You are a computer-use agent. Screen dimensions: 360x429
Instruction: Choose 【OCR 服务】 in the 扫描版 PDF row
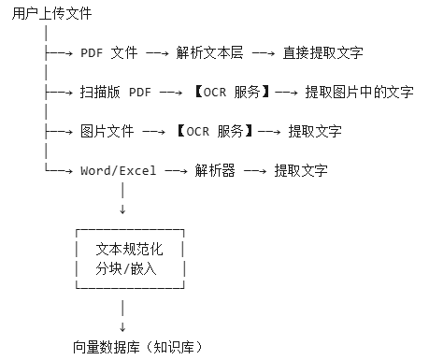pos(229,93)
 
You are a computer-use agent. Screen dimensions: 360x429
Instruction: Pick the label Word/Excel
pos(119,171)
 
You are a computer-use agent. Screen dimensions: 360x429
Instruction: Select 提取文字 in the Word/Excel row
pos(300,171)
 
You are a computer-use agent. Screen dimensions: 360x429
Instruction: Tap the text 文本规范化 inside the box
pos(129,250)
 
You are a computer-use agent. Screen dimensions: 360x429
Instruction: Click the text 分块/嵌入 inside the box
pos(126,269)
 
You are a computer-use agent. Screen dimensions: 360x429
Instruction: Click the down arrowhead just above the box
pos(122,209)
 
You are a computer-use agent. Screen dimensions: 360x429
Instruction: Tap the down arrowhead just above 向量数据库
pos(122,327)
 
